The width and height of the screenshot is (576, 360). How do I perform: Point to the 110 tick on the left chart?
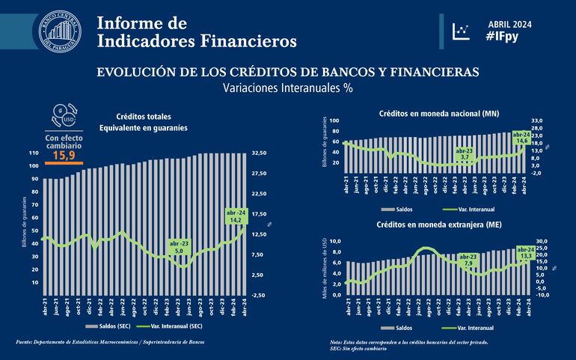33,153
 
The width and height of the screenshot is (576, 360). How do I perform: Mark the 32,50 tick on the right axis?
259,153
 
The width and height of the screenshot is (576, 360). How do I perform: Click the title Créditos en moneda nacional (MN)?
439,112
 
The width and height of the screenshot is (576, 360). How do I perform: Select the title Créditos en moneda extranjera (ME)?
439,225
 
